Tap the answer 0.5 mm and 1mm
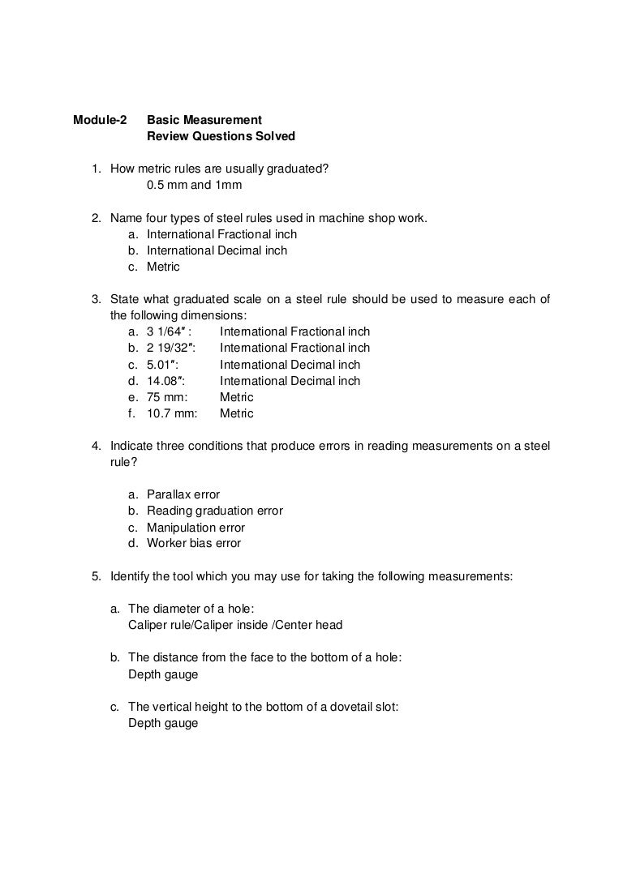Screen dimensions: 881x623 [x=195, y=185]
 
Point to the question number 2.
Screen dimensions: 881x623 [x=95, y=218]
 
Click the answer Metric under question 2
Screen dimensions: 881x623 [x=163, y=267]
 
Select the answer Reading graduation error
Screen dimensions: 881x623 [x=215, y=511]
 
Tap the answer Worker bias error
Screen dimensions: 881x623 [x=194, y=543]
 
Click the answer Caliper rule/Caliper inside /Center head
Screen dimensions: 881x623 [x=235, y=625]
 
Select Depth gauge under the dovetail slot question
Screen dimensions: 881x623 [x=163, y=723]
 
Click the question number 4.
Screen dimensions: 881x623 [x=95, y=446]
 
